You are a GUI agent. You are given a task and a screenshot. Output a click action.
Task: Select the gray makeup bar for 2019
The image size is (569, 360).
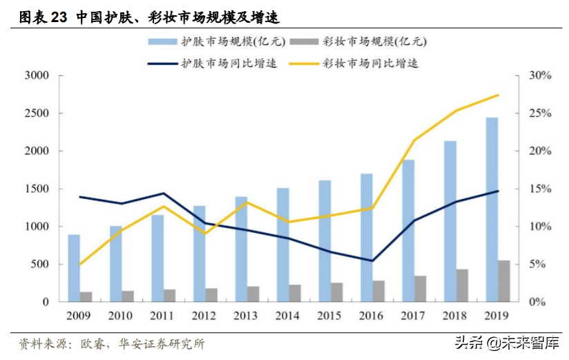(x=504, y=281)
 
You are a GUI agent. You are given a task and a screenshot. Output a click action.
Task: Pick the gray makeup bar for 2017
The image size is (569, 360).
(x=420, y=289)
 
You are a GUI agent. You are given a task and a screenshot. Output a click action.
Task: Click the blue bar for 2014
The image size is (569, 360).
(x=282, y=245)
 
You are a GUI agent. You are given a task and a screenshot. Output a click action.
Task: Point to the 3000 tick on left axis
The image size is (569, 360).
(x=36, y=75)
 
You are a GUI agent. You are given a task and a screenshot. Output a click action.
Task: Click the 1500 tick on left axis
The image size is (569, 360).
(x=36, y=189)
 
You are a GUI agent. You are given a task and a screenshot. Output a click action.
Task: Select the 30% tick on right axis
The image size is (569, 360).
(x=539, y=75)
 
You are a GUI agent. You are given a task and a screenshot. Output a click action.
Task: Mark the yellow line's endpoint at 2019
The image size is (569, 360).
(x=498, y=95)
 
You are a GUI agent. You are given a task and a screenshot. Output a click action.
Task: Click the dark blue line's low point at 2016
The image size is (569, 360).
(x=372, y=260)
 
